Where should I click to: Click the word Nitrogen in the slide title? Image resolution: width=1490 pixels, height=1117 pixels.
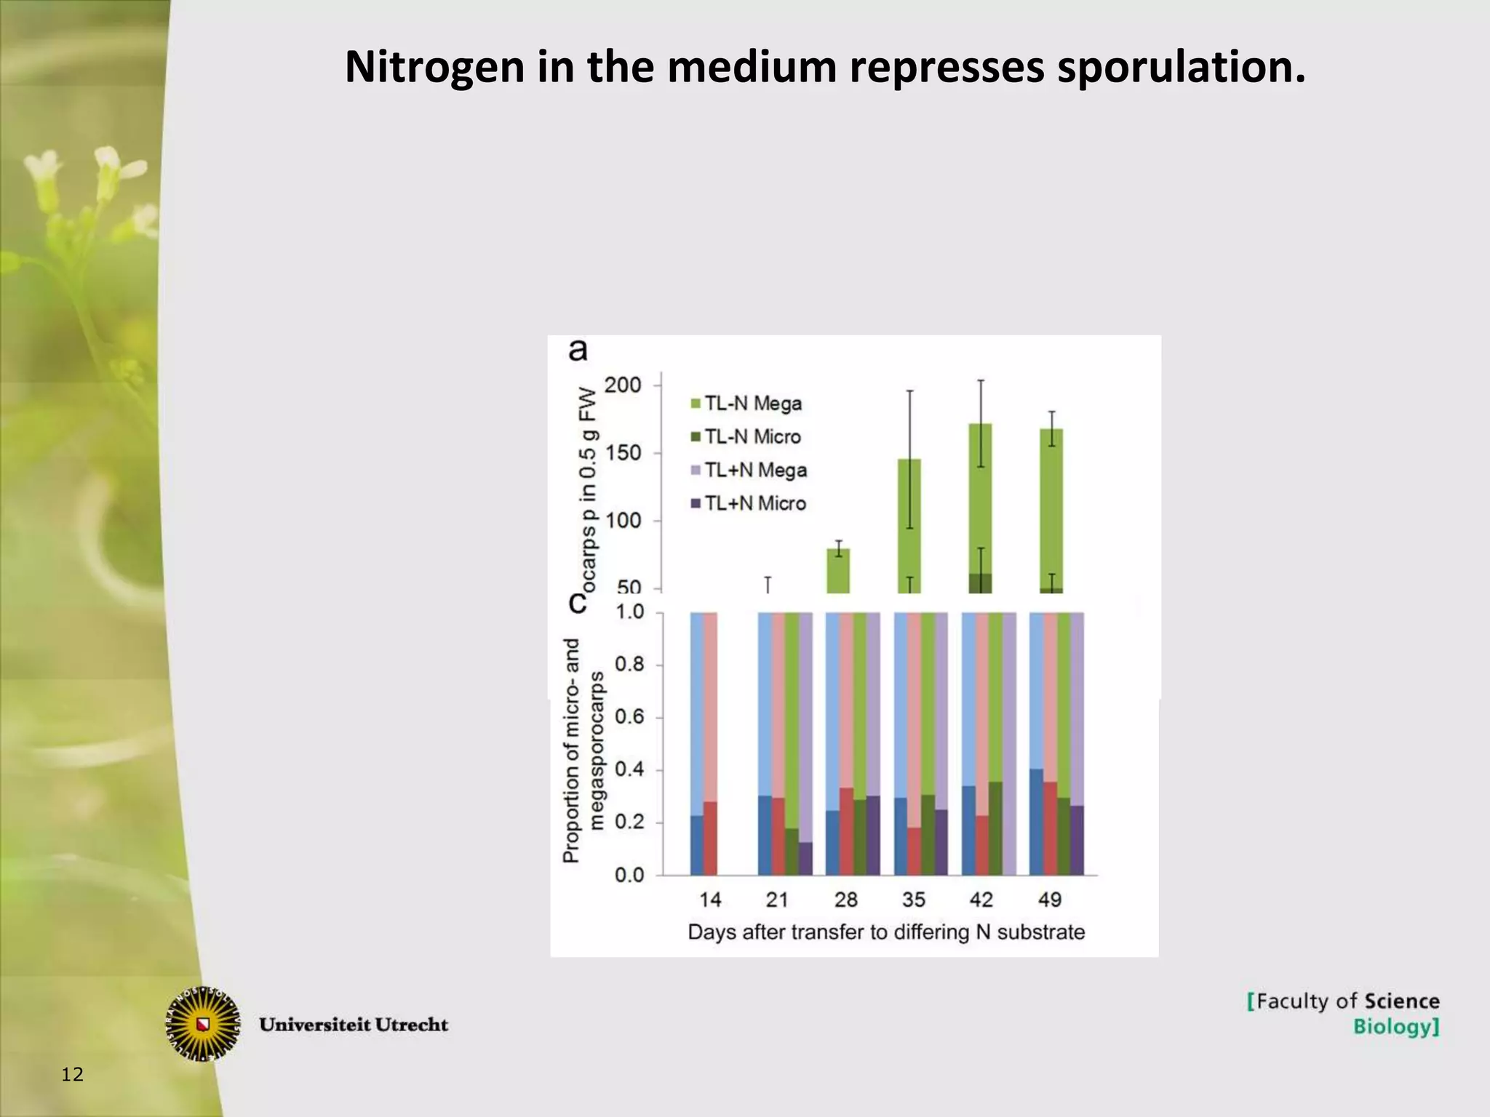click(x=434, y=67)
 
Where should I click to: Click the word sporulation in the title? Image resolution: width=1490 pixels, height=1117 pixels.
click(x=1180, y=67)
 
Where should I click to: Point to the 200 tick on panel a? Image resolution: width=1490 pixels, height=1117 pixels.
click(x=623, y=385)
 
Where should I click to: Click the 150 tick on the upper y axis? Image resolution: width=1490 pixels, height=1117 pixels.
click(x=623, y=453)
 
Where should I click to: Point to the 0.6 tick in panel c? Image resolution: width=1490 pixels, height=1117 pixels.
click(x=629, y=718)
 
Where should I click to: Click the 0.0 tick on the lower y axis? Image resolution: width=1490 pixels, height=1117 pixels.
click(x=629, y=876)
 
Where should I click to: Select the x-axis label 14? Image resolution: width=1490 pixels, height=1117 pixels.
click(x=709, y=900)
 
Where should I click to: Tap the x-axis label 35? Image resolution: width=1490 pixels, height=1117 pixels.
click(x=913, y=900)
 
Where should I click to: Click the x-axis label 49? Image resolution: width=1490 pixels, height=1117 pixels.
click(x=1049, y=900)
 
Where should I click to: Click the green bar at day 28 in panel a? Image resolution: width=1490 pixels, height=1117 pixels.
click(x=839, y=571)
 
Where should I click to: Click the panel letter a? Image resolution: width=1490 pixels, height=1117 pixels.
click(x=578, y=351)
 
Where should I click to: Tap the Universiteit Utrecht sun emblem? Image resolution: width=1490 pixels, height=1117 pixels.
click(x=203, y=1024)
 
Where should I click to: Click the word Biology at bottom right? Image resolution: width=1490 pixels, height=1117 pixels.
click(x=1395, y=1027)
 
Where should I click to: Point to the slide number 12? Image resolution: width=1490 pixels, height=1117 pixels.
click(x=73, y=1075)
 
